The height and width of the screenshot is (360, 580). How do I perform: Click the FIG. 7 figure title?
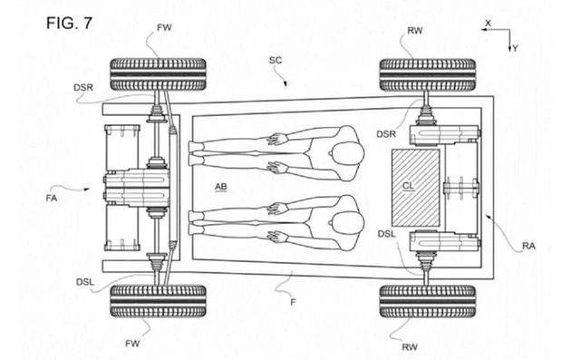pos(69,24)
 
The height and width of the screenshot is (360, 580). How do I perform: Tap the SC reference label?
pos(275,60)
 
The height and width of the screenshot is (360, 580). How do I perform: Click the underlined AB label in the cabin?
pos(221,187)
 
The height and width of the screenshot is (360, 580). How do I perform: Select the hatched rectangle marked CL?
pos(416,188)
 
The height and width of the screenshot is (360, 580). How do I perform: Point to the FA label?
pos(52,199)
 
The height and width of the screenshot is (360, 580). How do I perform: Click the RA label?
pos(528,246)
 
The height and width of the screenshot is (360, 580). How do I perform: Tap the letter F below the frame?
pos(293,302)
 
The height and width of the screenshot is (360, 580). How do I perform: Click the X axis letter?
pos(488,23)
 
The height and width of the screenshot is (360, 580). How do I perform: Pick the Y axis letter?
pos(515,48)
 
